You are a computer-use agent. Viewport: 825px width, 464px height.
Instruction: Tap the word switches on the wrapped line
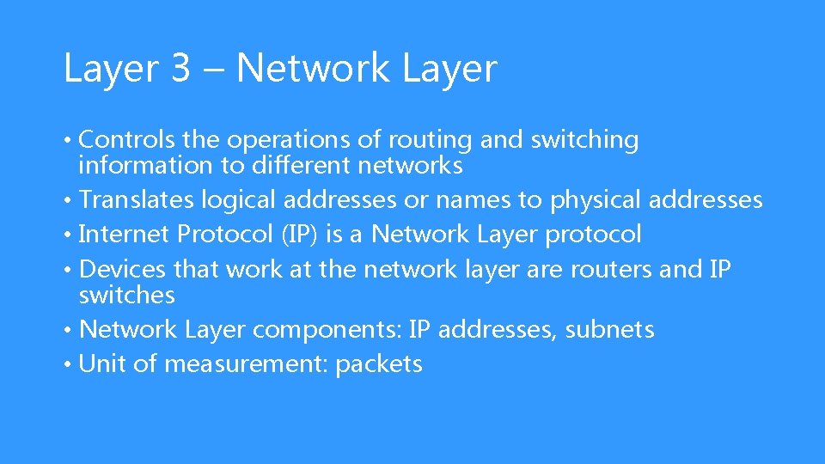coord(126,295)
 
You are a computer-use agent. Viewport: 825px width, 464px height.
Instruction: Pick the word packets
coord(379,365)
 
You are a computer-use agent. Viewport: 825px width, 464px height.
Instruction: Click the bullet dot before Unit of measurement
coord(68,364)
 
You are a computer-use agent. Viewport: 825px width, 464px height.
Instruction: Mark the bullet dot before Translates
coord(68,200)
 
